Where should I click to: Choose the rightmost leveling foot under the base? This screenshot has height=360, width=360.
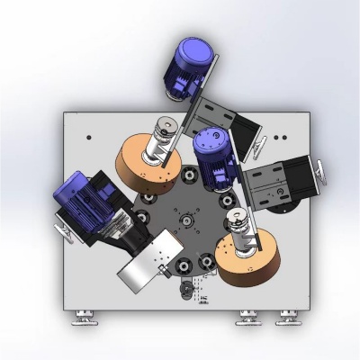pos(288,316)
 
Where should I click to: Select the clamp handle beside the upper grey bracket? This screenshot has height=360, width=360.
pos(259,139)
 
